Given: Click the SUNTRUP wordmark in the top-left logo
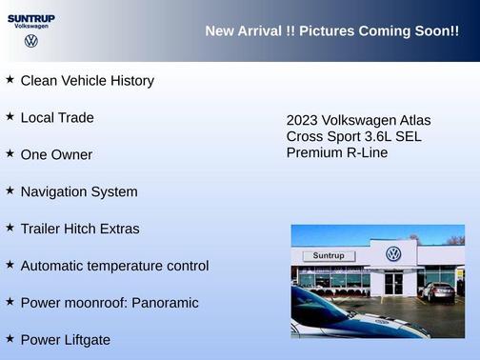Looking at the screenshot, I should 30,17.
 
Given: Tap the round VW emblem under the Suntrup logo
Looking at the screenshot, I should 30,41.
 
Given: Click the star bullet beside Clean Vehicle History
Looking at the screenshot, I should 10,79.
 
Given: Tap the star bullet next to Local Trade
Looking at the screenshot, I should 10,116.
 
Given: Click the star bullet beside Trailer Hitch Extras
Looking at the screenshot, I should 10,228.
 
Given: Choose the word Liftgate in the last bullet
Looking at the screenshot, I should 85,340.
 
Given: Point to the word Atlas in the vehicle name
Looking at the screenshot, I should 410,121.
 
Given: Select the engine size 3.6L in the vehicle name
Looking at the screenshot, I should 372,136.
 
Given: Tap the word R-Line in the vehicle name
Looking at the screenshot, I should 365,152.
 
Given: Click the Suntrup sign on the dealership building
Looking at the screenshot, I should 329,256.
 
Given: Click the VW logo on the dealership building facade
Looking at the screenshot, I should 393,254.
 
